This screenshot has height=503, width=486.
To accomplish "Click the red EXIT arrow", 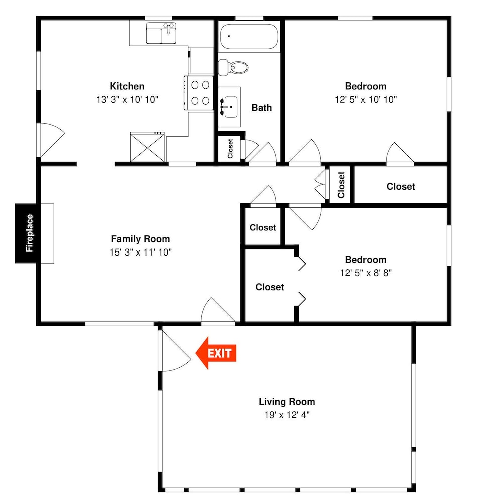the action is (216, 353).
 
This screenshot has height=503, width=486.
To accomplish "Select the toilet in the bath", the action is (233, 67).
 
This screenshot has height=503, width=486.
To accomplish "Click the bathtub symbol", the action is (249, 36).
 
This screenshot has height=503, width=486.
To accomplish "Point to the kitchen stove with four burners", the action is (199, 93).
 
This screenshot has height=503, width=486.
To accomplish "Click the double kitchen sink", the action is (161, 33).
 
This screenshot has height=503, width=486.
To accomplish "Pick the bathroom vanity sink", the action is (229, 107).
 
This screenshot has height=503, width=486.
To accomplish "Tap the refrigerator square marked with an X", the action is (147, 147).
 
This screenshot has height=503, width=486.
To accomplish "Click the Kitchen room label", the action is (127, 86).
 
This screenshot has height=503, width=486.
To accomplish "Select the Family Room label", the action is (141, 239).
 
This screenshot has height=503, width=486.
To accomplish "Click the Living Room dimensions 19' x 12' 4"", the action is (287, 415).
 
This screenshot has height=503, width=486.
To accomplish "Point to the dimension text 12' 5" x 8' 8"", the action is (366, 273).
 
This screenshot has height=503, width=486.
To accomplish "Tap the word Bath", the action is (262, 108).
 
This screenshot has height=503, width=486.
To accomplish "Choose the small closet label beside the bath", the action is (230, 149).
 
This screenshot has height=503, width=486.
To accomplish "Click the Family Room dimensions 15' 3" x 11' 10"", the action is (141, 253).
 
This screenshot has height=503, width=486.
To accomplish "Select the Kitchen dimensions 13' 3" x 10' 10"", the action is (128, 100).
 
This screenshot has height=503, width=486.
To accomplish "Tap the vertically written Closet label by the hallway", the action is (341, 185).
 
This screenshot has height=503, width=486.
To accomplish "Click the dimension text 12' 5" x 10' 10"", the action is (366, 100).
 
